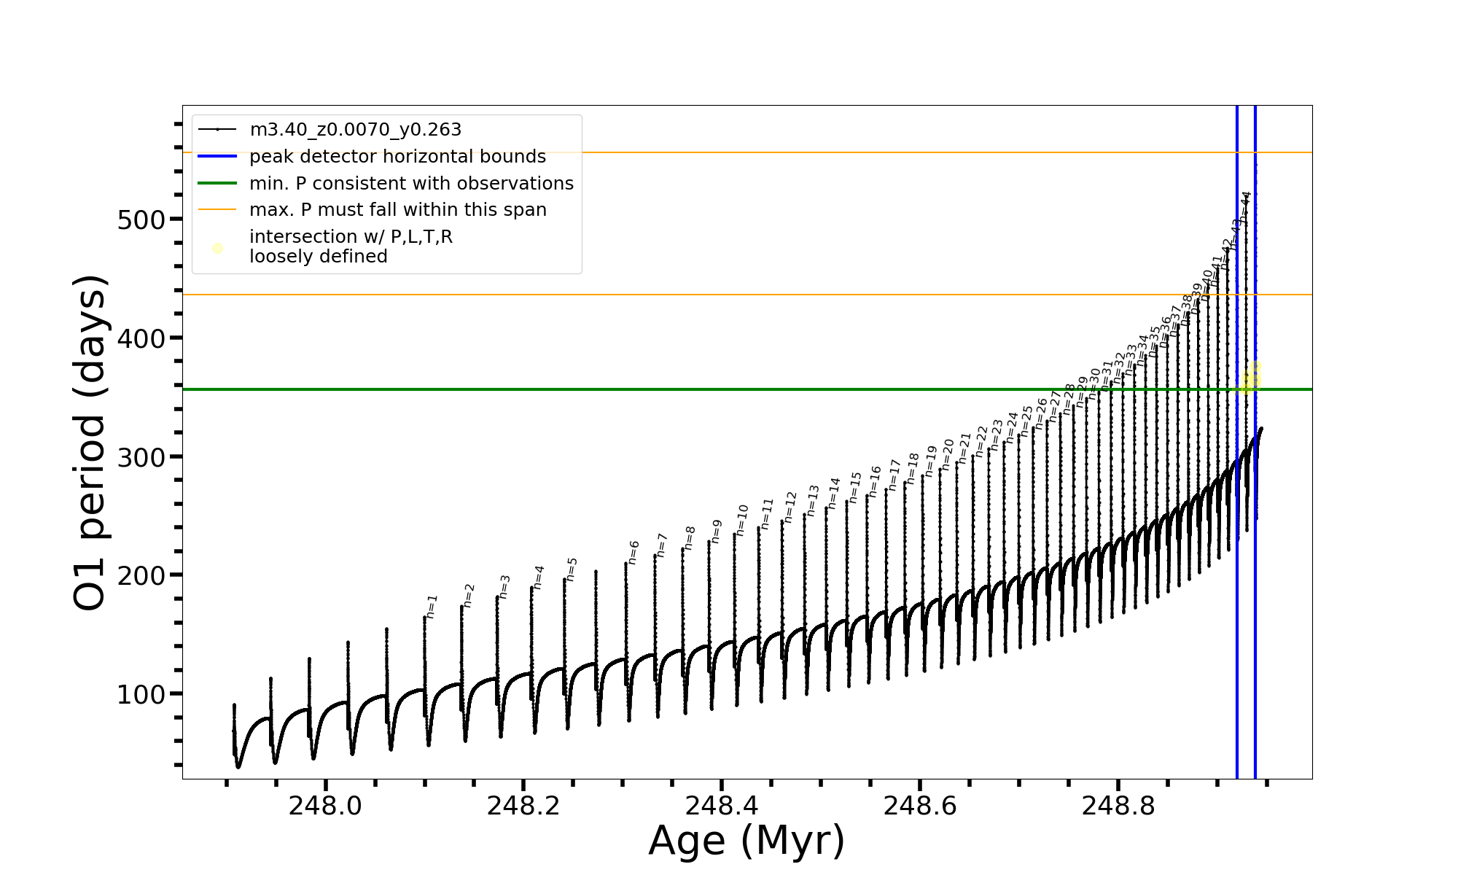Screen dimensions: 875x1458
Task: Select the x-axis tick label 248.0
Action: tap(324, 806)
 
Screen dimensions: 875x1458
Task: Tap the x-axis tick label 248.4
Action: tap(721, 806)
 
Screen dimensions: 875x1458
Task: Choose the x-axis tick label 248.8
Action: tap(1118, 806)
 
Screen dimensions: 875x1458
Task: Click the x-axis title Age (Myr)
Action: tap(746, 841)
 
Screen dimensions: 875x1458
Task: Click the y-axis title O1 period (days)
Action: tap(90, 443)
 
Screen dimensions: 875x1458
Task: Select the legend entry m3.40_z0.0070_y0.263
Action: tap(355, 130)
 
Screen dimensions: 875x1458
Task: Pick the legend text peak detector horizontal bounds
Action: tap(397, 157)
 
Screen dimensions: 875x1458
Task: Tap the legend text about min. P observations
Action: tap(411, 183)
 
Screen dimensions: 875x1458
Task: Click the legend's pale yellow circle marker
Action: tap(217, 248)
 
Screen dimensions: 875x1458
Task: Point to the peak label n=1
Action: tap(432, 606)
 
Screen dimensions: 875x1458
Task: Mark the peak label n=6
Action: tap(634, 552)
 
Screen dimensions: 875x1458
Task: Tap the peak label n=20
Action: tap(947, 454)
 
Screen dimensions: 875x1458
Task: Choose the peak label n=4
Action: tap(539, 576)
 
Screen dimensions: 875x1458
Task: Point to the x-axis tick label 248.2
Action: tap(523, 806)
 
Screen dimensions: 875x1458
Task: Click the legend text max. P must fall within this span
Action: tap(397, 210)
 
